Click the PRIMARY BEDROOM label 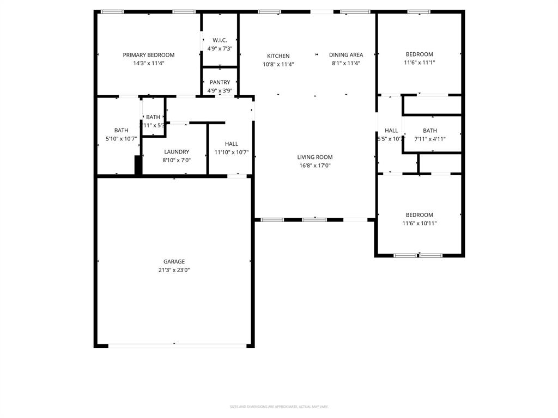tap(148, 55)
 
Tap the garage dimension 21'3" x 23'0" tap(174, 270)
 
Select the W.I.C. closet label tap(220, 40)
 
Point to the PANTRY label tap(220, 83)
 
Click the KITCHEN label tap(278, 56)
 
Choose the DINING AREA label tap(345, 55)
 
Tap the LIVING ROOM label tap(314, 157)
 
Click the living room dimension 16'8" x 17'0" tap(314, 165)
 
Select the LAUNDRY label tap(177, 152)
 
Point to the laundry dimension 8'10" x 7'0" tap(177, 161)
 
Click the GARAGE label tap(174, 262)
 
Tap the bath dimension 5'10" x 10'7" tap(121, 139)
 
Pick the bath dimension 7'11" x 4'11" tap(430, 139)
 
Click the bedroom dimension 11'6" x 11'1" tap(419, 63)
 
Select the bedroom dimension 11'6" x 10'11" tap(419, 223)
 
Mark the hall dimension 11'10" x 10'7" tap(232, 152)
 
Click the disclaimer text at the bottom tap(278, 407)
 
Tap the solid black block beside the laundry tap(138, 165)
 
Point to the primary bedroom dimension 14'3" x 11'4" tap(148, 63)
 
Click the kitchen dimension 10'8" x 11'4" tap(278, 64)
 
